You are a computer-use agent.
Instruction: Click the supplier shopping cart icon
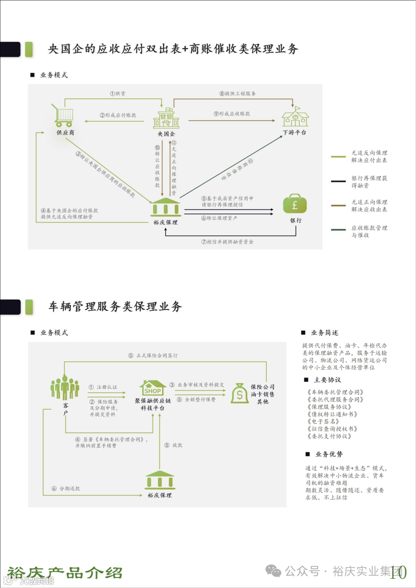(64, 116)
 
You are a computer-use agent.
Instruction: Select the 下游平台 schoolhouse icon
(295, 117)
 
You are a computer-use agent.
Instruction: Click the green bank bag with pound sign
(295, 204)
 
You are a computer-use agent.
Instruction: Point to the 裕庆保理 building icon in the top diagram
(166, 207)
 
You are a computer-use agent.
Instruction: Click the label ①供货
(117, 94)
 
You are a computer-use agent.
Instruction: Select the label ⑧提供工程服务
(237, 94)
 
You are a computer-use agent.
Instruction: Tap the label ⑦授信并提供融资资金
(227, 242)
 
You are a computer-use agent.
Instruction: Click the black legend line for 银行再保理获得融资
(338, 181)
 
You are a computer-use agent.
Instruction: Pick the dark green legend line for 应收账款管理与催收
(338, 230)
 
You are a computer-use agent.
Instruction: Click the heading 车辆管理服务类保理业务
(115, 307)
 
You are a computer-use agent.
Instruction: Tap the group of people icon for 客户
(65, 388)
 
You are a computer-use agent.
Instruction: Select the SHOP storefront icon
(153, 387)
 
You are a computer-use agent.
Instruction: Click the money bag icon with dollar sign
(240, 393)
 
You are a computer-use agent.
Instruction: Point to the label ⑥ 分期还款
(66, 488)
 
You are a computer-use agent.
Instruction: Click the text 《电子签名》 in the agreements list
(323, 422)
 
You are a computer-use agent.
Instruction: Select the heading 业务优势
(329, 454)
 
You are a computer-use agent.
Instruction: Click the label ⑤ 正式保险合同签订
(153, 355)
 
